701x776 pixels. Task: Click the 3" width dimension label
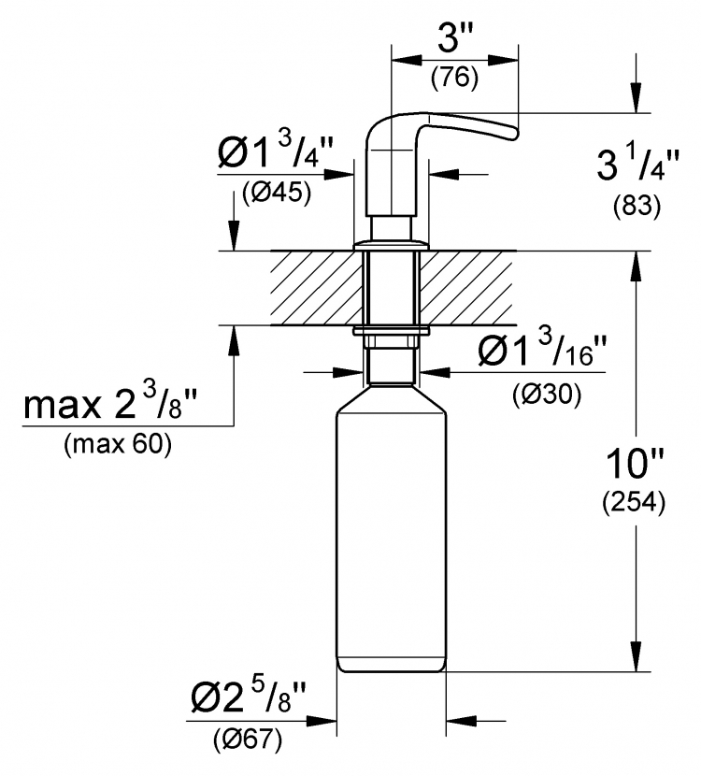coord(454,38)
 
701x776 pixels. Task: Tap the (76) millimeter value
coord(454,78)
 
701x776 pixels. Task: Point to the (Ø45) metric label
coord(277,194)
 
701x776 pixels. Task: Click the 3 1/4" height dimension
coord(637,164)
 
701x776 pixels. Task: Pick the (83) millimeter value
coord(637,206)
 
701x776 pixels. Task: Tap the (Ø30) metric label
coord(547,395)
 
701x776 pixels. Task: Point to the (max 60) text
coord(117,444)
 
